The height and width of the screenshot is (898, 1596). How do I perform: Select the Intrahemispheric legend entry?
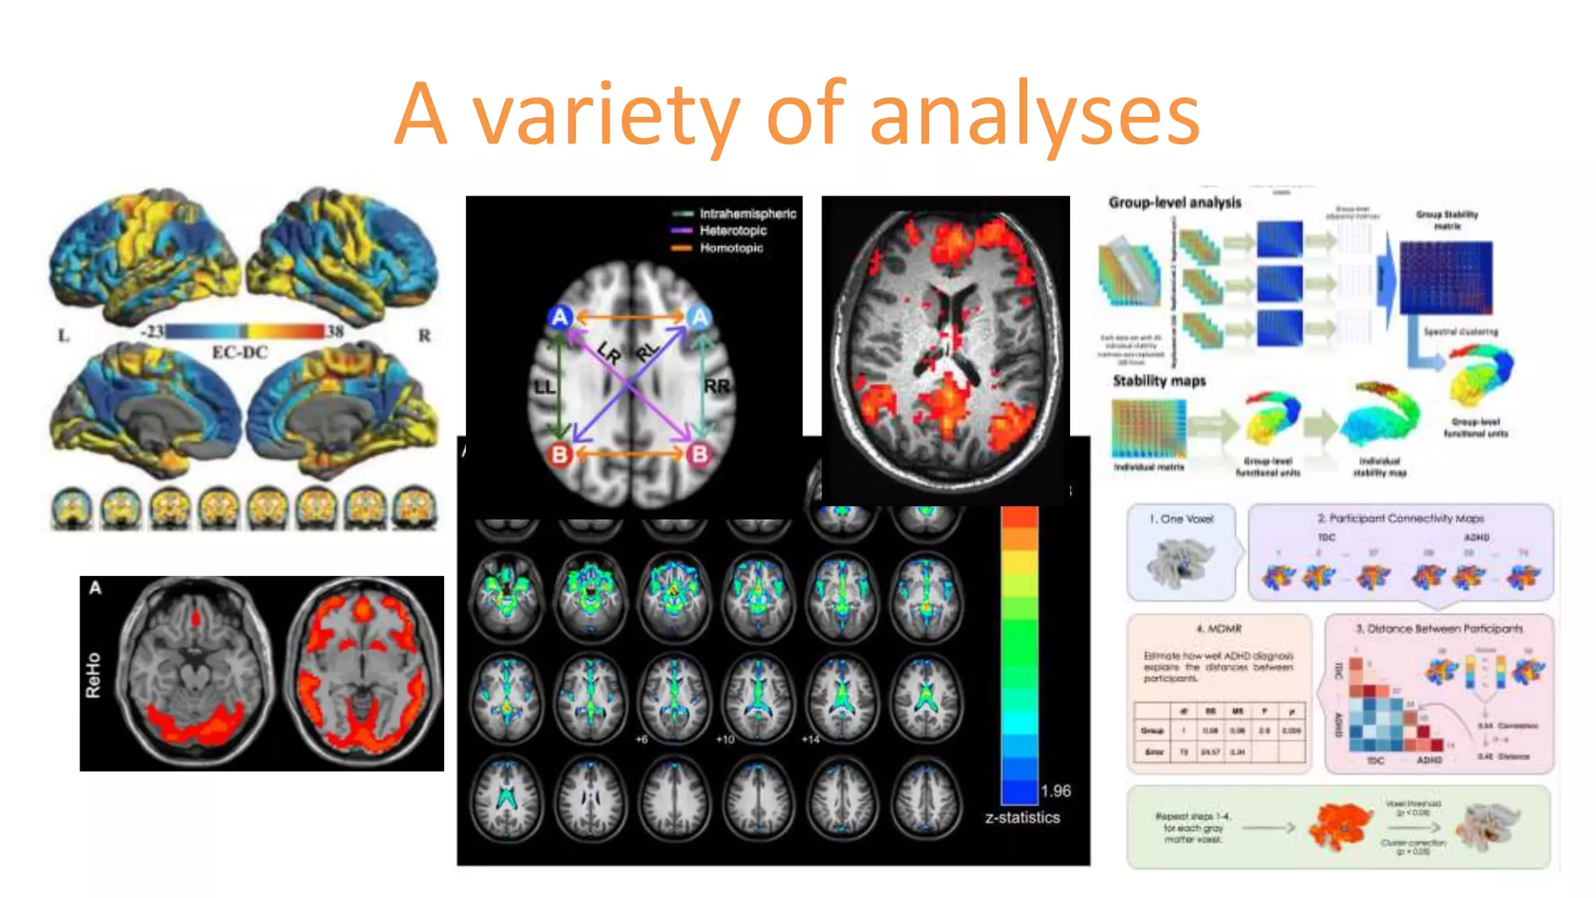[747, 214]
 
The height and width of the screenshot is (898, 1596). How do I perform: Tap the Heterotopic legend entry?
[733, 231]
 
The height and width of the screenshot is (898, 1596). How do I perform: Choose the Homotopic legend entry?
[731, 248]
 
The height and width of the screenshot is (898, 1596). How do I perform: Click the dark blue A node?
[560, 316]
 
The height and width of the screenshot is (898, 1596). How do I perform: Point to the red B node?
[560, 454]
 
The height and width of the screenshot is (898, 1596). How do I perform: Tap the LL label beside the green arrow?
[544, 387]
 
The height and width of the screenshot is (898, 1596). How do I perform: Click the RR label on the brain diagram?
[717, 386]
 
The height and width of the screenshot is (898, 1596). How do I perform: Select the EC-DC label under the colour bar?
[240, 352]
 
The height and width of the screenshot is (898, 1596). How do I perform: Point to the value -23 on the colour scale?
[152, 331]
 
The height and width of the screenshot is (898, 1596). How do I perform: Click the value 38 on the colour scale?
[335, 331]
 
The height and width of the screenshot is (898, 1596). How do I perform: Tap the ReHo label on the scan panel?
[94, 675]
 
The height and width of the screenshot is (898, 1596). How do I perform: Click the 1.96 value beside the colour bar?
[1056, 791]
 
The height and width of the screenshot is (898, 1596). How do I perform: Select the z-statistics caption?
[1022, 818]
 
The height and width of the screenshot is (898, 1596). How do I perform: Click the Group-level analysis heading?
[1174, 203]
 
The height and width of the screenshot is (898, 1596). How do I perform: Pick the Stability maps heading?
[1159, 381]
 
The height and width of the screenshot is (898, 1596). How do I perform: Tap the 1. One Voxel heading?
[1181, 519]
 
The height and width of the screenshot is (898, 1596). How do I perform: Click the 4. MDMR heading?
[1219, 628]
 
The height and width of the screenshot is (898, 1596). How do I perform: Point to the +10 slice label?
[725, 739]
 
